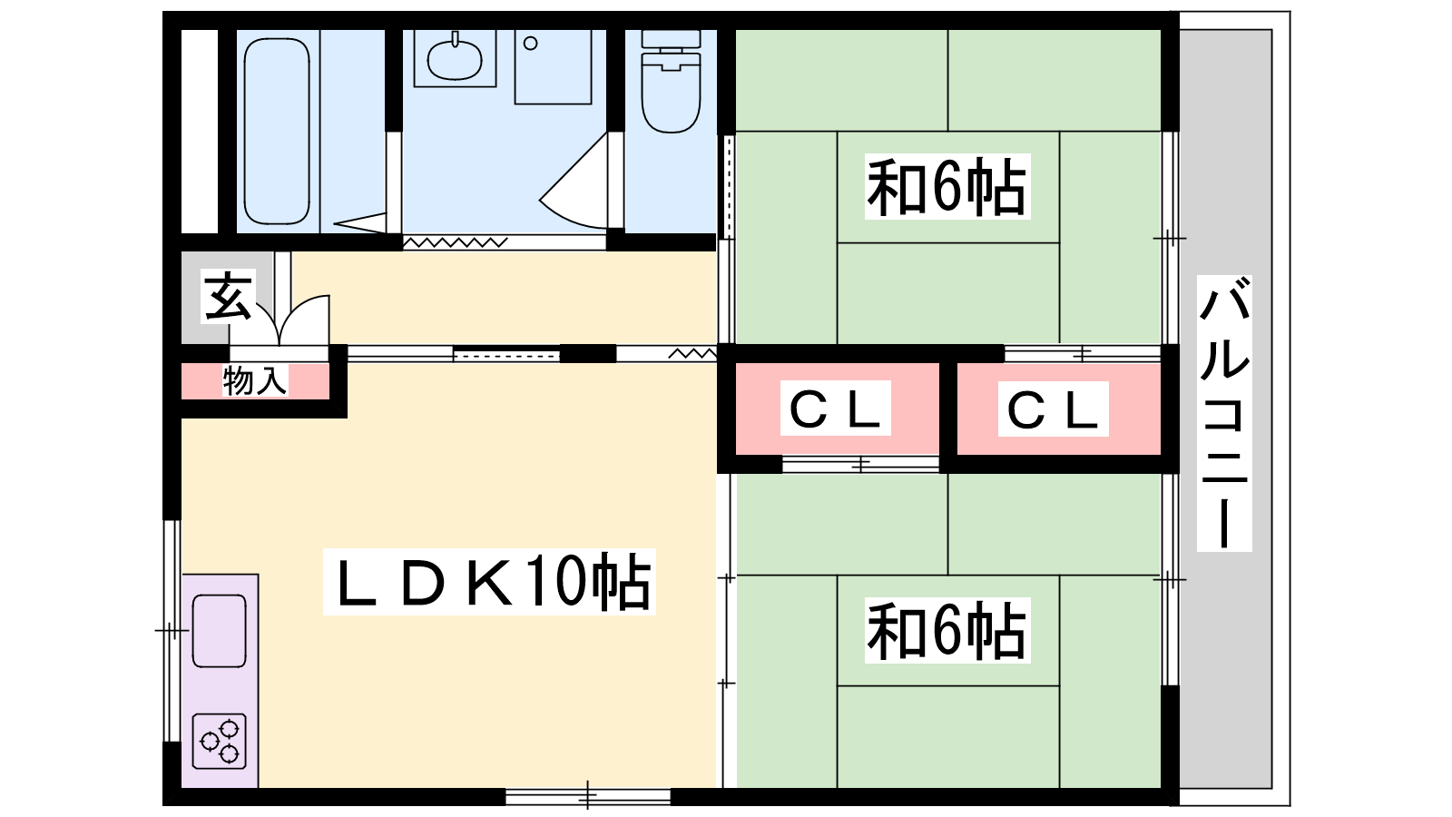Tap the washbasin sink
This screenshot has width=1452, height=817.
(x=455, y=61)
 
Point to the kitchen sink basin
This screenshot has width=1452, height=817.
(x=220, y=630)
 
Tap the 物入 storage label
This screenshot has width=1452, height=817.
(x=255, y=380)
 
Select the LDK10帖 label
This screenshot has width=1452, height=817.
(x=490, y=582)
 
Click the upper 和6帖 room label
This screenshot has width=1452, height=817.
(x=946, y=188)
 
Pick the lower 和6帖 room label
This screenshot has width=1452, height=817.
(x=946, y=631)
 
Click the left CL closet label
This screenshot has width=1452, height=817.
(x=836, y=408)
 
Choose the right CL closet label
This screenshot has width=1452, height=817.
(x=1053, y=408)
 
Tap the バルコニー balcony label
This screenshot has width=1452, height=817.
(x=1224, y=413)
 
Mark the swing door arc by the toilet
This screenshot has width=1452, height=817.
(x=576, y=186)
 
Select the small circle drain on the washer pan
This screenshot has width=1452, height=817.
(x=531, y=43)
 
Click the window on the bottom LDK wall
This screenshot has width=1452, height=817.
(x=587, y=797)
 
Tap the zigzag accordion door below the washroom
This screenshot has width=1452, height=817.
(x=455, y=242)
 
